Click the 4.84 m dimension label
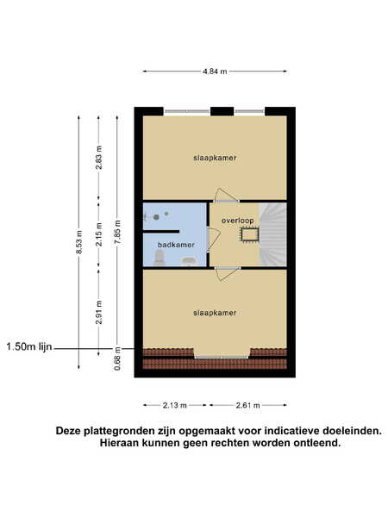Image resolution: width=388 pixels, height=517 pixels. pos(215,72)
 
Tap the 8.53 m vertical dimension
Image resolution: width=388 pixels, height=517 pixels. pos(79,242)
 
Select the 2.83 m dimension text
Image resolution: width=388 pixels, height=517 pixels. pos(99,158)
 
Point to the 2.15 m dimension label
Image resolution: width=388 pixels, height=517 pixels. pos(99,234)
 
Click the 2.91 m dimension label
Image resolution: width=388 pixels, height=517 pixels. pos(99,312)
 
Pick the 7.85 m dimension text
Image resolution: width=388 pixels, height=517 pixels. pos(117,232)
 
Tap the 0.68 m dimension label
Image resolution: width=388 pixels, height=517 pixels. pos(117,358)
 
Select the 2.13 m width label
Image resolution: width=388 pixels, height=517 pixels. pos(175,405)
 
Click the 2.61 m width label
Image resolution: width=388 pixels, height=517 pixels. pos(247,405)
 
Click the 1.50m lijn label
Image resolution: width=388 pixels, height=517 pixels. pos(29,346)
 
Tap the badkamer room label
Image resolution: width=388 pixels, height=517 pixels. pos(176,245)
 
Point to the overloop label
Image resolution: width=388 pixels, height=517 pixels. pos(238,221)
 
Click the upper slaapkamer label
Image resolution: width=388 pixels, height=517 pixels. pos(215,158)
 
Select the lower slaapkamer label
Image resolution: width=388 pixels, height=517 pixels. pos(215,313)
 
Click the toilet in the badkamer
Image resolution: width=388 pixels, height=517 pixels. pos(160,258)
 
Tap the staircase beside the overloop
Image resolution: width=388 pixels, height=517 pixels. pos(273,234)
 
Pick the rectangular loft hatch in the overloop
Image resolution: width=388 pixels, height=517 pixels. pos(249,234)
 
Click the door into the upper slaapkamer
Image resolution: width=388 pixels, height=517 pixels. pos(226,196)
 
